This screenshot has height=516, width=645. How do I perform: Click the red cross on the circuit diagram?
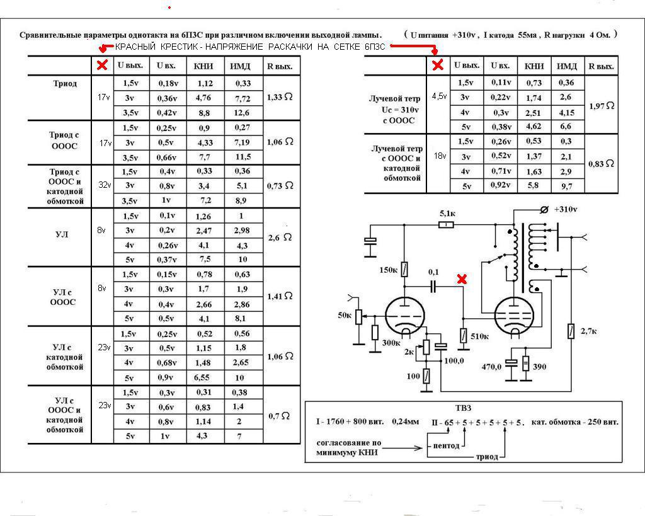point(462,279)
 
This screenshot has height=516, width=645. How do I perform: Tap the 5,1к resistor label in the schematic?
point(448,214)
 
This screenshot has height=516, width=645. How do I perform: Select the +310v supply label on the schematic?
point(566,209)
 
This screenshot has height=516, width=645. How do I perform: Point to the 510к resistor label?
point(479,336)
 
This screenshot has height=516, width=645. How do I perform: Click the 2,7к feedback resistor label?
point(589,331)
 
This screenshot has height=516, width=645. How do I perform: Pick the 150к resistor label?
point(388,270)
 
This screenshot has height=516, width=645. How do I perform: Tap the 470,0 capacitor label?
point(491,366)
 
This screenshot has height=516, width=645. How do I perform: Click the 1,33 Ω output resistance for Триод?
point(280,97)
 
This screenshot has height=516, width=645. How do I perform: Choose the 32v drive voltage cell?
point(105,185)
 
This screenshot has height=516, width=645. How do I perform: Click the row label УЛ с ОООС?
point(63,297)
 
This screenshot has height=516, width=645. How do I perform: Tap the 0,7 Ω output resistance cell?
point(279,416)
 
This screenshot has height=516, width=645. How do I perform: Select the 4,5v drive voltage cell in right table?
point(439,96)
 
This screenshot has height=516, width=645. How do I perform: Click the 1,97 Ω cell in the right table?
point(602,106)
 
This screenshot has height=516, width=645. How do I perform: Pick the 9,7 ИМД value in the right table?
point(566,186)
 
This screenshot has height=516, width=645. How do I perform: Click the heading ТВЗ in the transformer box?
point(463,408)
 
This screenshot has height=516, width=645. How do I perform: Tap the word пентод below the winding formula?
point(447,445)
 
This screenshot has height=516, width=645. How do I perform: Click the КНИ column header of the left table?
point(203,66)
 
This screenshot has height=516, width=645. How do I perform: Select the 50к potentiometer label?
point(345,315)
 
